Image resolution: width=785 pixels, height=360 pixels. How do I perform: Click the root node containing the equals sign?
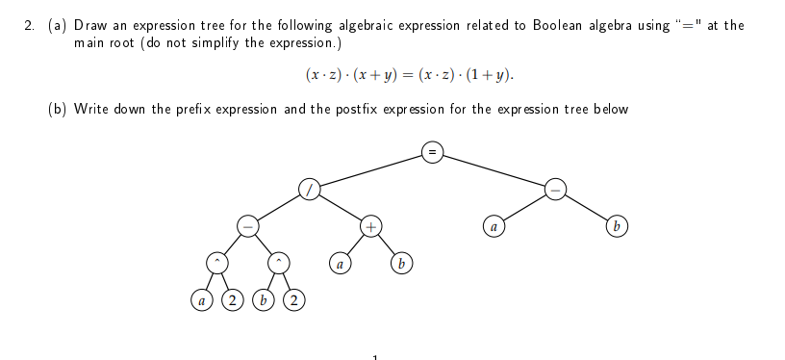(433, 150)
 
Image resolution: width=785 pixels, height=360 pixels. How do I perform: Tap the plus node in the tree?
(371, 226)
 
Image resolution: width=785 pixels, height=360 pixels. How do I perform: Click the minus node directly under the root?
(555, 189)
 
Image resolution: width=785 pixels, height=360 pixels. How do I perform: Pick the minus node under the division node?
(247, 226)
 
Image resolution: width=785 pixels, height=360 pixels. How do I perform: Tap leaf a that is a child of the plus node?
(340, 263)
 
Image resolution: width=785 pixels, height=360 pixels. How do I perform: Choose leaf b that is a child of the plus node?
(402, 263)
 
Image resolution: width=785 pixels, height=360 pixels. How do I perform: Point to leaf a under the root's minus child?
(494, 227)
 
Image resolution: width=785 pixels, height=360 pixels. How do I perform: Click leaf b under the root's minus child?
(616, 227)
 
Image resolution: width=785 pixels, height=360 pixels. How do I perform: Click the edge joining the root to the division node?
(370, 168)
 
